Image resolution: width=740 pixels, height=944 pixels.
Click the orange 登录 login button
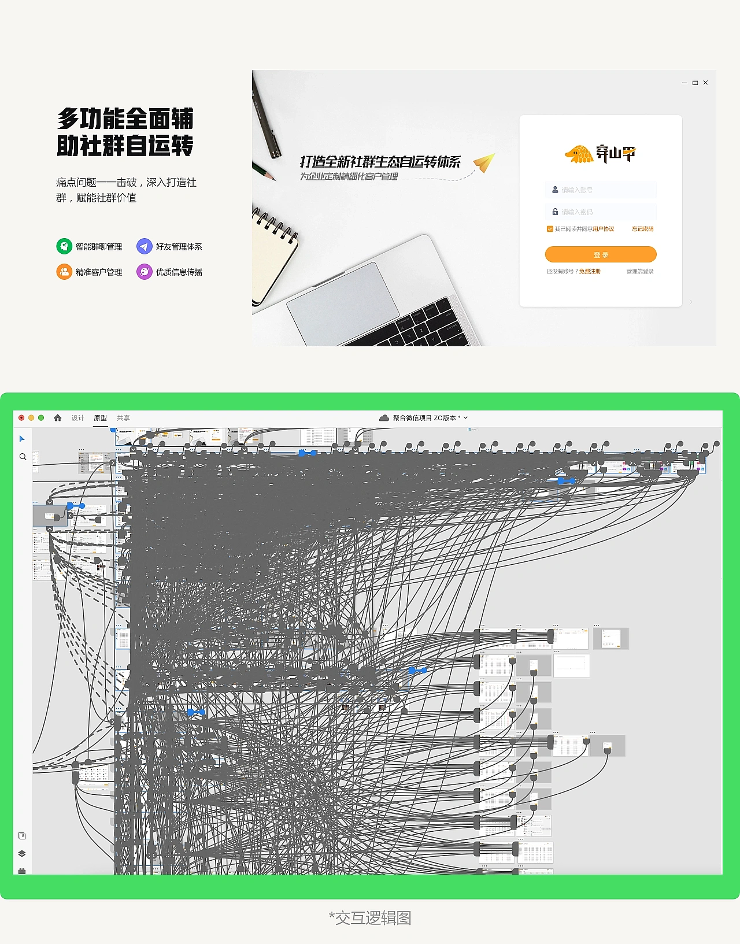pyautogui.click(x=601, y=254)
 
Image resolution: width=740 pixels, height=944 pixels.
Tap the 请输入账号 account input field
pyautogui.click(x=601, y=190)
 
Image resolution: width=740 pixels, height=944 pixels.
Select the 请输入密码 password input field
pyautogui.click(x=601, y=212)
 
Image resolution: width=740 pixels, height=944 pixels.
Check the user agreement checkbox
pyautogui.click(x=550, y=229)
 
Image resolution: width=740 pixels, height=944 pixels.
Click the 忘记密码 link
pyautogui.click(x=642, y=229)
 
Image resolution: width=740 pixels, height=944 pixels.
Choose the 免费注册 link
pyautogui.click(x=590, y=271)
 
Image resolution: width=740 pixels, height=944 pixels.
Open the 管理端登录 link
pyautogui.click(x=640, y=271)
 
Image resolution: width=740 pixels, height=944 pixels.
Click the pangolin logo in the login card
pyautogui.click(x=579, y=154)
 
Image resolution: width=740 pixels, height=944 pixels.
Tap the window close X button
pyautogui.click(x=705, y=83)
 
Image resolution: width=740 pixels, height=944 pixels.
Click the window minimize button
pyautogui.click(x=684, y=83)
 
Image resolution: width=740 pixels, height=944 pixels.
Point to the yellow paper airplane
pyautogui.click(x=484, y=162)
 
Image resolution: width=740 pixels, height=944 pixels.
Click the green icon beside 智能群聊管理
pyautogui.click(x=64, y=246)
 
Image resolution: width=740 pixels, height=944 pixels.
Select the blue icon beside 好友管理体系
pyautogui.click(x=144, y=246)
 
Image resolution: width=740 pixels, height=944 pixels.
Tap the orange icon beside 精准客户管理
pyautogui.click(x=64, y=272)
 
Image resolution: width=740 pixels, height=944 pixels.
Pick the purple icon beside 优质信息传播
pyautogui.click(x=144, y=272)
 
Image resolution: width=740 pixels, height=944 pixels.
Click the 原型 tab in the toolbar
pyautogui.click(x=101, y=418)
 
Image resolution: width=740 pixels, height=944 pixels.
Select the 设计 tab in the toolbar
pyautogui.click(x=78, y=418)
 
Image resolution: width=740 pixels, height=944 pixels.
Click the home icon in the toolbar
pyautogui.click(x=58, y=418)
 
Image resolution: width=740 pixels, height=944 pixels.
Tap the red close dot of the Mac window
pyautogui.click(x=21, y=418)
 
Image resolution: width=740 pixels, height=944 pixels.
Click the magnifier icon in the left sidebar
pyautogui.click(x=23, y=457)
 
